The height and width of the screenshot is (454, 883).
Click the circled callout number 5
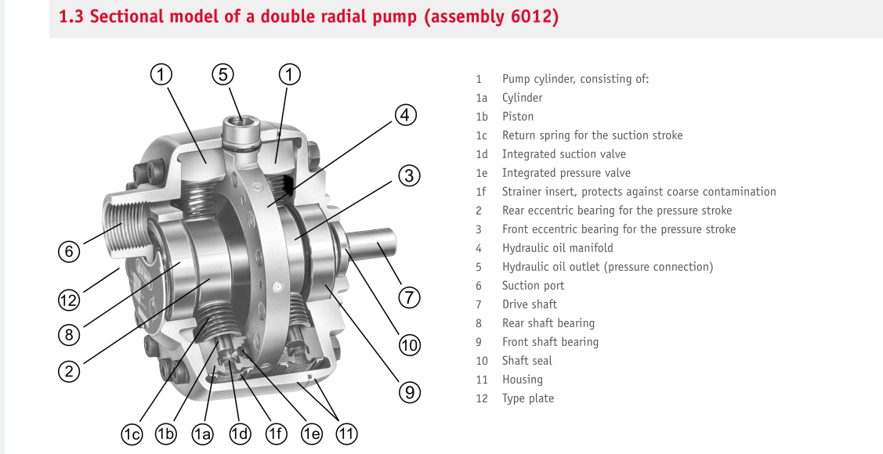[223, 74]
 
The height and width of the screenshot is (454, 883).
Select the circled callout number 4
[406, 115]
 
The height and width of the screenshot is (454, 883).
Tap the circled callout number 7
[410, 297]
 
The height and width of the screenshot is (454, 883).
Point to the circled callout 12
[69, 300]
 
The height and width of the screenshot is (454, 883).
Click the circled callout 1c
[132, 434]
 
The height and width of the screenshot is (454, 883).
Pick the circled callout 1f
[276, 434]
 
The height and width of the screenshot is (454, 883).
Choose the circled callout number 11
[347, 434]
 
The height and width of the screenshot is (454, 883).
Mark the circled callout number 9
[410, 391]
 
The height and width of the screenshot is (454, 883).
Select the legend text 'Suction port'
[533, 286]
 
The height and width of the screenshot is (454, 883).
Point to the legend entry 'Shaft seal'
[527, 361]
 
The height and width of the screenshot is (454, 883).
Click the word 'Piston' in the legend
[518, 117]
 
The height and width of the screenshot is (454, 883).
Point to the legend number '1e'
[481, 173]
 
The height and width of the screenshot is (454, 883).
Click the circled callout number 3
[410, 175]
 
